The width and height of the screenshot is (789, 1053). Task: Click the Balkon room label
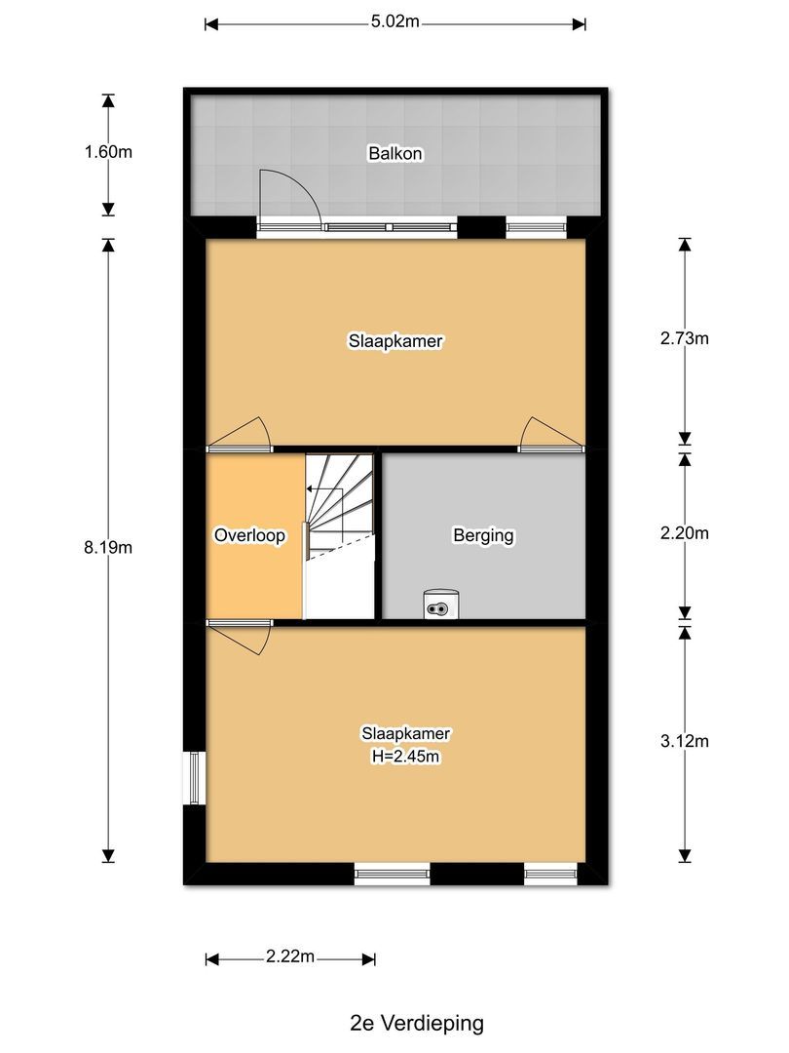pyautogui.click(x=394, y=153)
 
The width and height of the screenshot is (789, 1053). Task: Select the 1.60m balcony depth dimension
pyautogui.click(x=108, y=152)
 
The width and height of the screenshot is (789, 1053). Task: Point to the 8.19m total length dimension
pyautogui.click(x=108, y=547)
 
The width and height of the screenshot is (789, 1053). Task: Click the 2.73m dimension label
pyautogui.click(x=684, y=339)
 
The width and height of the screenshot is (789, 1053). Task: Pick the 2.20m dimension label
pyautogui.click(x=684, y=533)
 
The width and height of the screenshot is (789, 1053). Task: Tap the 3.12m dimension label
pyautogui.click(x=684, y=741)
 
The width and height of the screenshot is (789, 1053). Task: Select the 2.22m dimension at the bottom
pyautogui.click(x=289, y=957)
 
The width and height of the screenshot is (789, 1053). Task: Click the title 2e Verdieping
pyautogui.click(x=416, y=1023)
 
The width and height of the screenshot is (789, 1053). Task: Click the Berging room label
pyautogui.click(x=483, y=535)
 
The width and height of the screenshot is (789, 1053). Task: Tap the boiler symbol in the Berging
pyautogui.click(x=441, y=605)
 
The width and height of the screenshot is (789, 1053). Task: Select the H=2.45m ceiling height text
pyautogui.click(x=395, y=756)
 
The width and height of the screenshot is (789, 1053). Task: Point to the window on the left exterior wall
pyautogui.click(x=195, y=777)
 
